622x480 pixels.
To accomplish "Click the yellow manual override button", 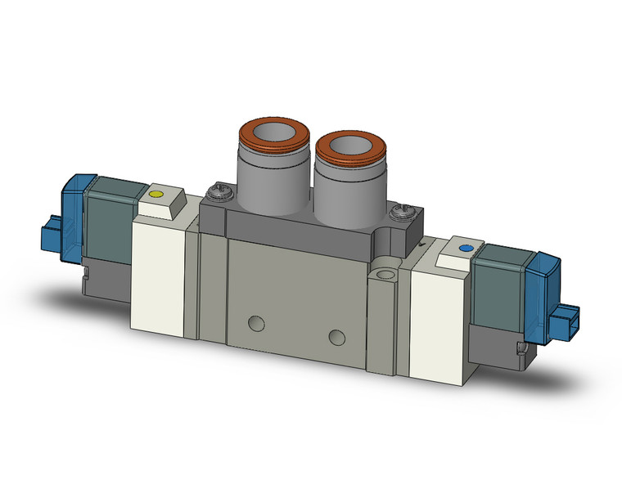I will click(x=157, y=195).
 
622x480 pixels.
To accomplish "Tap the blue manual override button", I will click(x=466, y=247).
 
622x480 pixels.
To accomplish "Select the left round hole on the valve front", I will click(x=259, y=320).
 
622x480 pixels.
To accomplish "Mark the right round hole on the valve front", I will click(x=335, y=335).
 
